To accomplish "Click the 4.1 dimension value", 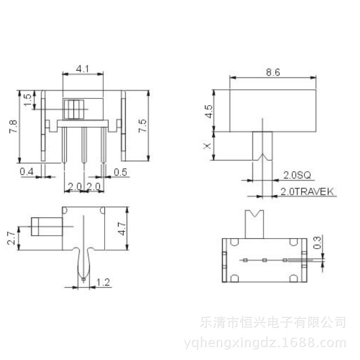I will (x=83, y=69).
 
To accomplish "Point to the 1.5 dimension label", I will (x=27, y=100).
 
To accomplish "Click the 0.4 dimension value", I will (x=26, y=171).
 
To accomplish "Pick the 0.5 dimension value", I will (x=120, y=172).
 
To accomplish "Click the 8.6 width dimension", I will (x=273, y=72).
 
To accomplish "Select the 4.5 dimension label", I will (x=208, y=111).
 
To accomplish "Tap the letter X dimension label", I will (x=207, y=145).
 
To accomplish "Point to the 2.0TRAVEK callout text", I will (x=307, y=192).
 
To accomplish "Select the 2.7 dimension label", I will (x=12, y=238).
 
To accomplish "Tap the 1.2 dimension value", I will (x=103, y=282).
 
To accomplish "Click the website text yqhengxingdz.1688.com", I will (x=265, y=343).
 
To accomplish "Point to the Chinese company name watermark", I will (x=273, y=321).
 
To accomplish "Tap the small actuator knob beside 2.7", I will (x=47, y=226).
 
